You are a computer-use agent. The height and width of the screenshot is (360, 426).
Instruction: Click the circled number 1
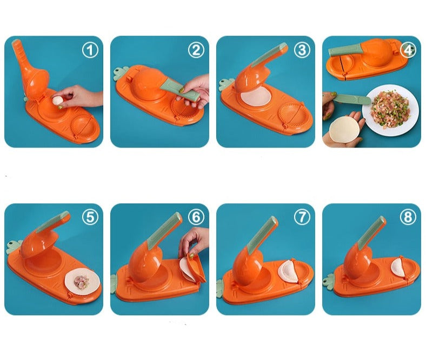tap(90, 50)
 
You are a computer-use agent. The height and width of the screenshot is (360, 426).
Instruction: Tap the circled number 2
tap(196, 50)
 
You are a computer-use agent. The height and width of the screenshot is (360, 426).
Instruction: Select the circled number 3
tap(302, 50)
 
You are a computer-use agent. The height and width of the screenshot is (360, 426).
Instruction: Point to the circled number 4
tap(408, 50)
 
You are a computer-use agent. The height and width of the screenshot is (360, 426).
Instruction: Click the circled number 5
tap(90, 217)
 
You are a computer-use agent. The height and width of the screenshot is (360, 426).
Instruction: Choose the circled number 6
tap(196, 217)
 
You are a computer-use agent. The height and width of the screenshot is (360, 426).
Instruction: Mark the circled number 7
tap(302, 217)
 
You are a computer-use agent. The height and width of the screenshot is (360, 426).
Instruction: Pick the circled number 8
tap(408, 217)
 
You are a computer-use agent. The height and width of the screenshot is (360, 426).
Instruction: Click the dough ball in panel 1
tap(58, 101)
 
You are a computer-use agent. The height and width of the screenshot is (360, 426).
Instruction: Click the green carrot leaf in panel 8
tap(328, 280)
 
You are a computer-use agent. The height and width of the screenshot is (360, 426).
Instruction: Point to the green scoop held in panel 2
tap(181, 94)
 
